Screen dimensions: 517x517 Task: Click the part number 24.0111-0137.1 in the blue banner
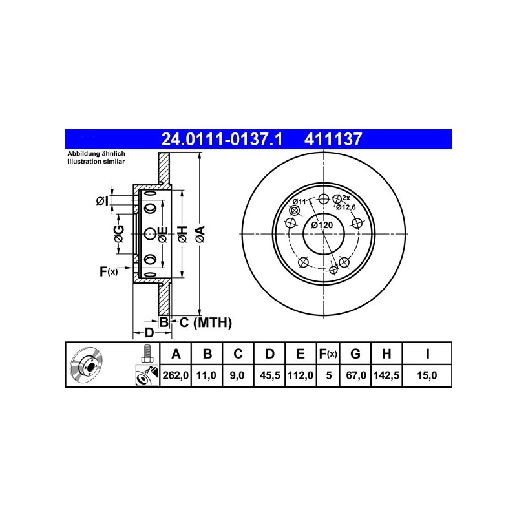(x=222, y=139)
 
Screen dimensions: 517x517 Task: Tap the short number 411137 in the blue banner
(x=333, y=139)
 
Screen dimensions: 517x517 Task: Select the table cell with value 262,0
(x=175, y=375)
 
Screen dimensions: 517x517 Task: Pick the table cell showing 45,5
(x=269, y=375)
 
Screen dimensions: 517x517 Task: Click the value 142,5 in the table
(x=386, y=375)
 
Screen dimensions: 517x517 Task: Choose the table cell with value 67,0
(x=355, y=375)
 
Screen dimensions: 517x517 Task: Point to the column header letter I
(x=427, y=353)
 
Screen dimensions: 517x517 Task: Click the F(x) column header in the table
(x=328, y=353)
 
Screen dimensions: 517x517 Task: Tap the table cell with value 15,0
(x=427, y=375)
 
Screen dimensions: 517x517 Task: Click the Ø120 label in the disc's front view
(x=322, y=225)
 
